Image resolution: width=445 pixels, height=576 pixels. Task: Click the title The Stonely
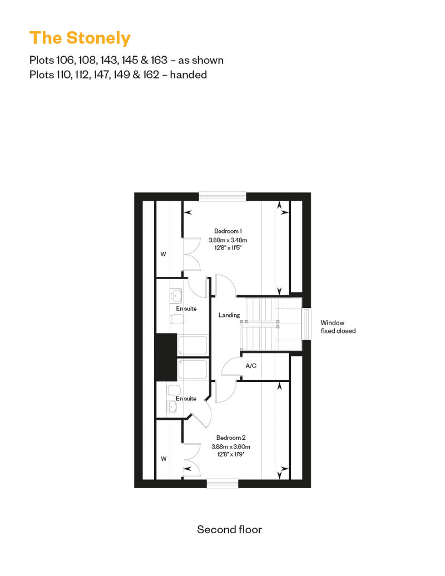[80, 38]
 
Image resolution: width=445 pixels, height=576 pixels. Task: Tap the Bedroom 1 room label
[228, 231]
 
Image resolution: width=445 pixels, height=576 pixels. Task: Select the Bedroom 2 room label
[231, 438]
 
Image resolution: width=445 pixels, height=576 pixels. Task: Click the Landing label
[229, 315]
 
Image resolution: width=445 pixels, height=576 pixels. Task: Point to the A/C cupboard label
[251, 365]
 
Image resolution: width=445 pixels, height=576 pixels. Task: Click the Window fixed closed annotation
[338, 326]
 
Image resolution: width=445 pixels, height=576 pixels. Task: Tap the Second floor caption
[229, 529]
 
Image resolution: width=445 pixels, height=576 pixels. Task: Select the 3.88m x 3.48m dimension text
[228, 240]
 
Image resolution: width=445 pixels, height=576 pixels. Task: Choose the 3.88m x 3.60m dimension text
[231, 446]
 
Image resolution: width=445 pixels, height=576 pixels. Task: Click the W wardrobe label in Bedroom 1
[163, 254]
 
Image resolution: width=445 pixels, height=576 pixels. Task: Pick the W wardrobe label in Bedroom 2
[164, 459]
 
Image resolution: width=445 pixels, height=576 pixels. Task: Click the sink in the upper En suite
[176, 296]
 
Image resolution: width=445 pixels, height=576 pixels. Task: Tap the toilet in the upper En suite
[177, 319]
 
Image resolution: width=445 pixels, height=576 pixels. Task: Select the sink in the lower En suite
[172, 406]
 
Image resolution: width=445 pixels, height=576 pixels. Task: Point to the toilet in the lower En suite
[173, 389]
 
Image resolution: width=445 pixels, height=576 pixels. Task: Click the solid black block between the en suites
[166, 357]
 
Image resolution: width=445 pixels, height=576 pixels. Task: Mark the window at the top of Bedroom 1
[222, 196]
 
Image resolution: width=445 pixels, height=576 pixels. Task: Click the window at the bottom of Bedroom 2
[222, 484]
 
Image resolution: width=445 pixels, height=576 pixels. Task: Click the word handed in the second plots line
[189, 75]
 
